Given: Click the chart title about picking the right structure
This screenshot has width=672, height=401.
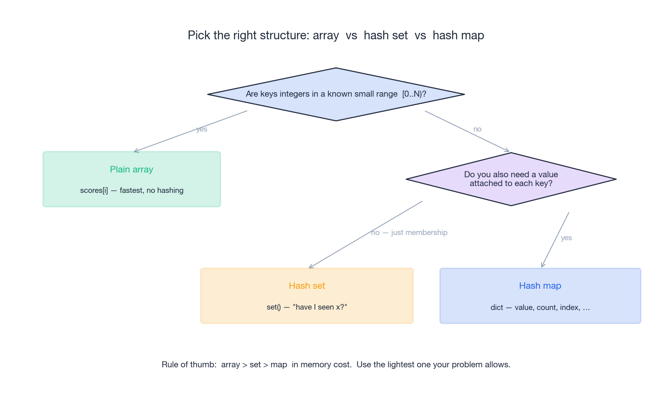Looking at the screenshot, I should pyautogui.click(x=336, y=35).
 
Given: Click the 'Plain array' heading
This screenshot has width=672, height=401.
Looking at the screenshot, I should pyautogui.click(x=132, y=169).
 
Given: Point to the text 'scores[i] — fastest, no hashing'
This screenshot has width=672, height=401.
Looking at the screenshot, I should pyautogui.click(x=132, y=190).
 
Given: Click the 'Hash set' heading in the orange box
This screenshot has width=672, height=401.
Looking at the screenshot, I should pyautogui.click(x=307, y=286).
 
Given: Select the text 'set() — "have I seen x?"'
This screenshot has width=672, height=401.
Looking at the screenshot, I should pyautogui.click(x=307, y=307).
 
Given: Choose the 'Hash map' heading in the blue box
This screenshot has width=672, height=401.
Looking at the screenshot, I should pyautogui.click(x=540, y=286).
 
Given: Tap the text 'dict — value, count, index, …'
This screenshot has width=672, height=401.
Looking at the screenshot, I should pyautogui.click(x=540, y=308).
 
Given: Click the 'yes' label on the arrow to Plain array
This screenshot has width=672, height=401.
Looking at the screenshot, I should pyautogui.click(x=201, y=129).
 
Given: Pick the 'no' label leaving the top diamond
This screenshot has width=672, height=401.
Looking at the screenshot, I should pyautogui.click(x=477, y=129).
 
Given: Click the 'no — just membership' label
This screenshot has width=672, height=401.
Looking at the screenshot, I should pyautogui.click(x=409, y=233).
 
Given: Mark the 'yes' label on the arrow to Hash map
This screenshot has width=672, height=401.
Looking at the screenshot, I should pyautogui.click(x=566, y=238).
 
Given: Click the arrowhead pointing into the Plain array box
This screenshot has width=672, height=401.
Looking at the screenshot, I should pyautogui.click(x=135, y=151).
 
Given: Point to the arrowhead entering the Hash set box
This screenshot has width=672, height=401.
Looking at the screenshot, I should pyautogui.click(x=311, y=267).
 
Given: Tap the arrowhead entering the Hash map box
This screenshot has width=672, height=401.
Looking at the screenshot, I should pyautogui.click(x=542, y=266).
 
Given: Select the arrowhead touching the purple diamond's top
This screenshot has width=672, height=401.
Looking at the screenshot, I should pyautogui.click(x=508, y=151).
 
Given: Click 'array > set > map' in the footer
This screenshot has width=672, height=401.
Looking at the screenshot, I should pyautogui.click(x=254, y=365).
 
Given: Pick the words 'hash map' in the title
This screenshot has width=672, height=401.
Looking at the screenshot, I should pyautogui.click(x=458, y=35).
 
